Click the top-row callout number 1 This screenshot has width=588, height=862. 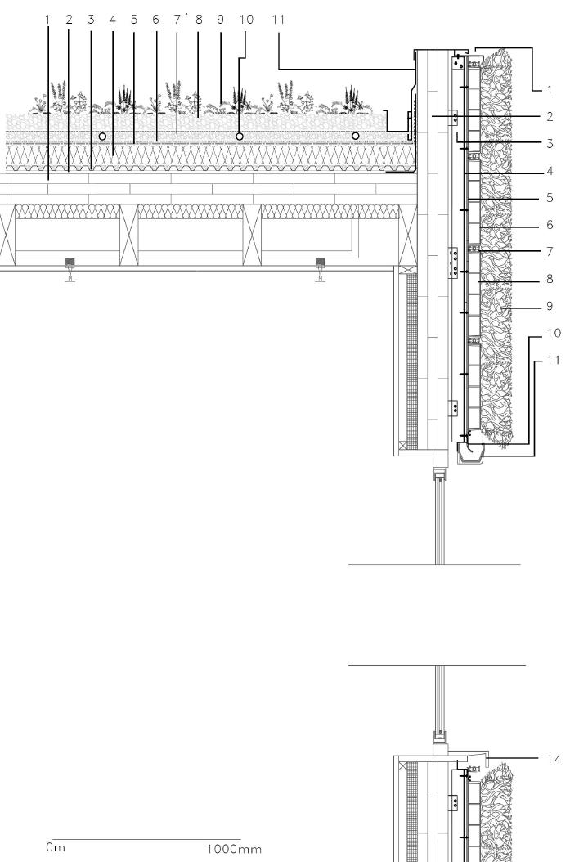coord(47,19)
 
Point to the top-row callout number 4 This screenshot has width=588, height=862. coord(112,19)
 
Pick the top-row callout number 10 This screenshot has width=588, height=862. coord(242,19)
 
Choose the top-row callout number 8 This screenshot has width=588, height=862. coord(199,19)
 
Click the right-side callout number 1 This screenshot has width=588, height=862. coord(550,88)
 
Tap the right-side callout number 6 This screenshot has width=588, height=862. coord(550,224)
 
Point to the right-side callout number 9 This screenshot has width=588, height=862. coord(550,306)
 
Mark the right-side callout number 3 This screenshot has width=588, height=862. coord(550,143)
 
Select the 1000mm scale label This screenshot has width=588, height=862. coord(234,849)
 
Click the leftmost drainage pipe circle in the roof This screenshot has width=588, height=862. coord(102,135)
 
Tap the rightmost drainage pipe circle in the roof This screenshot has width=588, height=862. coord(355,135)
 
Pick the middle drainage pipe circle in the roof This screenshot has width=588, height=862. coord(239,135)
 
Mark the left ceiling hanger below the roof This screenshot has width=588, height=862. coord(70,267)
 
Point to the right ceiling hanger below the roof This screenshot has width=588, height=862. coord(321,267)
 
